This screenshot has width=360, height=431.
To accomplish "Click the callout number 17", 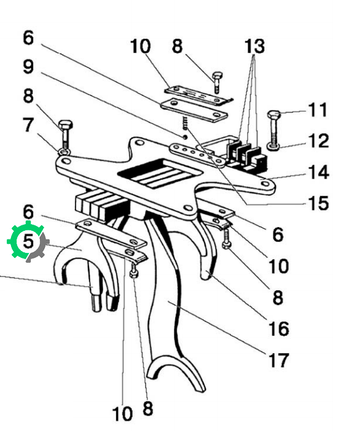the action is (x=278, y=360).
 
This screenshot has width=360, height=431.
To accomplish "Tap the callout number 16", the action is (x=278, y=328).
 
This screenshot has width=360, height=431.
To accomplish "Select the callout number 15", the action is (x=318, y=203).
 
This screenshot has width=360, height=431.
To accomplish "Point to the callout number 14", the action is (x=318, y=172).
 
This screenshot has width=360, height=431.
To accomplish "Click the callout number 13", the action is (x=255, y=46).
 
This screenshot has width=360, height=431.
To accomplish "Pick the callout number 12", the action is (x=318, y=141).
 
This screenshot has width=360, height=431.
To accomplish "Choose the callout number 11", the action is (x=318, y=110).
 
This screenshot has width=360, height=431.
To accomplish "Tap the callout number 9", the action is (x=28, y=66).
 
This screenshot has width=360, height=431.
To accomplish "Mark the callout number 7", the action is (x=28, y=125).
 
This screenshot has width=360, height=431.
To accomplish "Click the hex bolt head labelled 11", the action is (x=274, y=114).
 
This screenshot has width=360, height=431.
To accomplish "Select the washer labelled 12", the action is (x=273, y=147).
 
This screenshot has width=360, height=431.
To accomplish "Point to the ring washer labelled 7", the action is (x=64, y=152).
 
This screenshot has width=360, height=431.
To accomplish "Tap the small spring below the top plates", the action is (x=186, y=123).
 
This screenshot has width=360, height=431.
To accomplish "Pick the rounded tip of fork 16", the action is (x=206, y=274).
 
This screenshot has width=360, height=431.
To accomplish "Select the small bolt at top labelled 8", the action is (x=217, y=82).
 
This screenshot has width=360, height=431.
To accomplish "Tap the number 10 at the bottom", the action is (x=122, y=414).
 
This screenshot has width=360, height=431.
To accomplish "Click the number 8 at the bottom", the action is (x=148, y=408).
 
